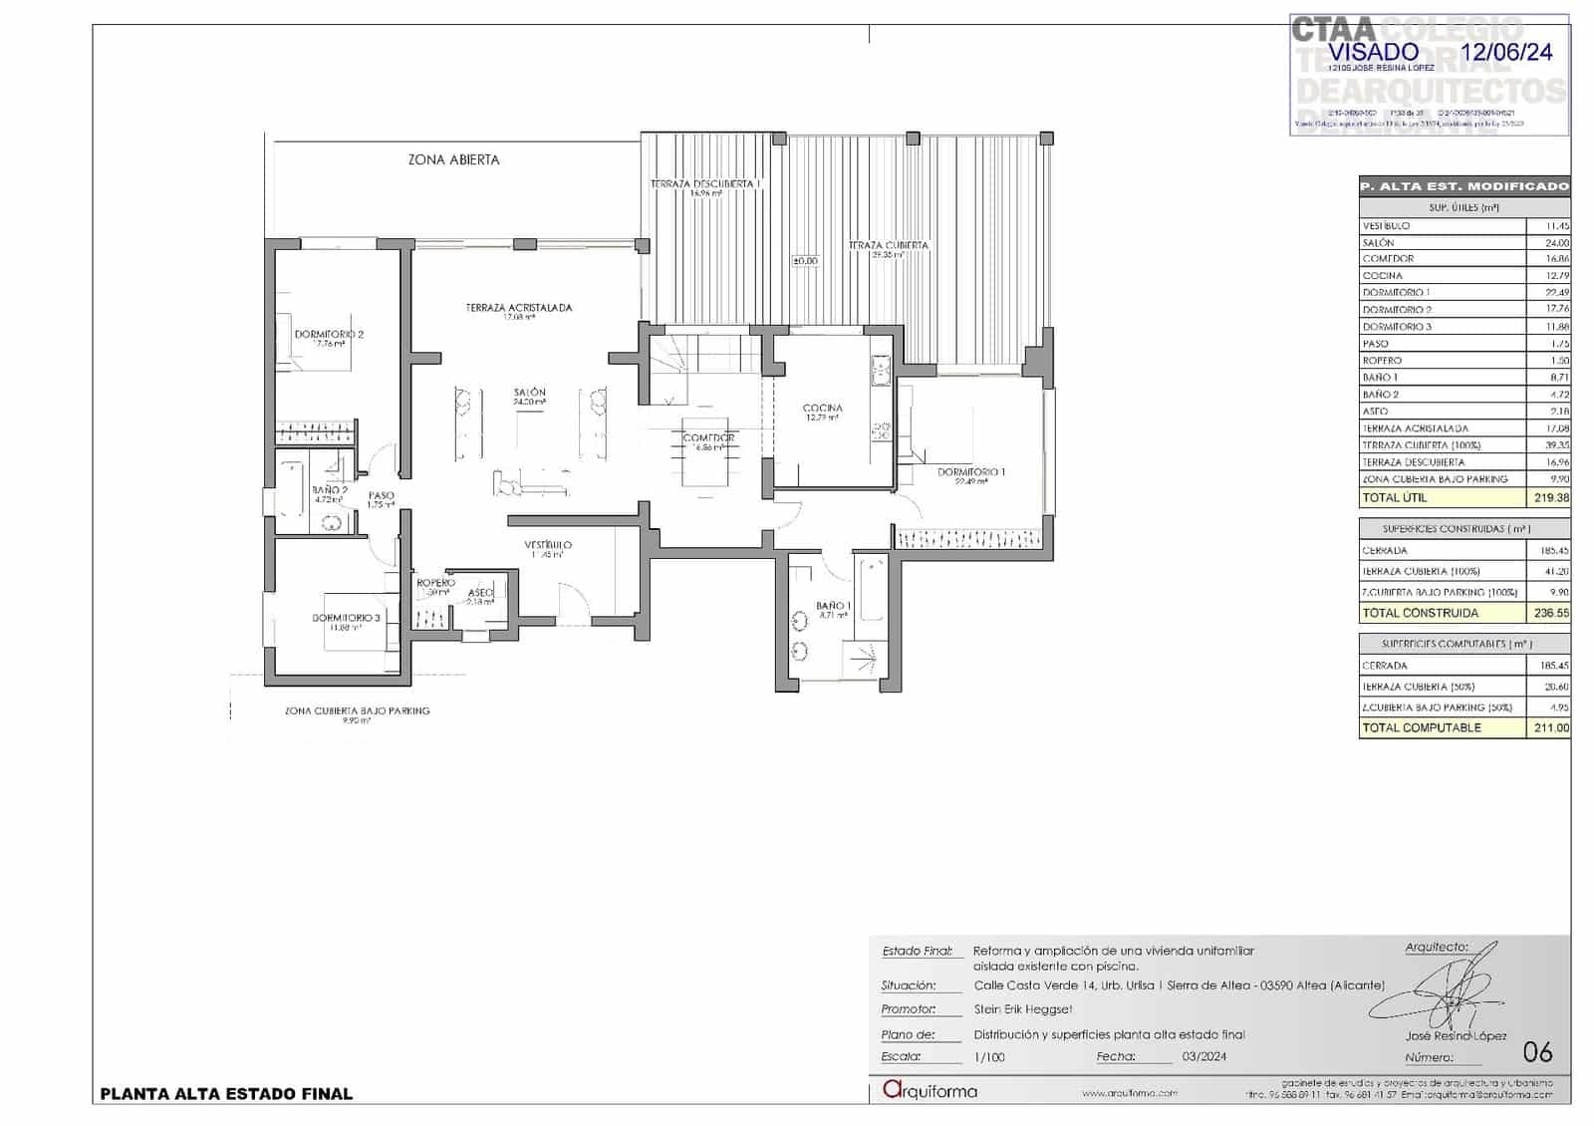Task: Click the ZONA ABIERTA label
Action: [453, 159]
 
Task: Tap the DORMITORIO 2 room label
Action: [329, 335]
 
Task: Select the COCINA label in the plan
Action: [822, 408]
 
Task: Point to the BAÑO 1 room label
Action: [833, 606]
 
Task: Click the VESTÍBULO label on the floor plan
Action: [548, 545]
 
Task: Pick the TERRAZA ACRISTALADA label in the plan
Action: [518, 308]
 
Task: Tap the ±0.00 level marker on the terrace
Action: [804, 261]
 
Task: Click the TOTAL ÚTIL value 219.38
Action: [1549, 497]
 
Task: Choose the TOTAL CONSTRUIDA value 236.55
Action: [1549, 613]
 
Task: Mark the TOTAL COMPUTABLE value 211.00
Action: [1549, 727]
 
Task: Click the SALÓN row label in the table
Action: [1379, 242]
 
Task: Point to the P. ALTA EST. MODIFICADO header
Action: [1463, 186]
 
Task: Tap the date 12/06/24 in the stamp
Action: [1505, 52]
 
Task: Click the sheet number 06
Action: [1537, 1052]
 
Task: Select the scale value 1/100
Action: [988, 1057]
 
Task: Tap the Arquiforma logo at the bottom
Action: [930, 1091]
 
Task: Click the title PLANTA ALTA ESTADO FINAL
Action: [226, 1093]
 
